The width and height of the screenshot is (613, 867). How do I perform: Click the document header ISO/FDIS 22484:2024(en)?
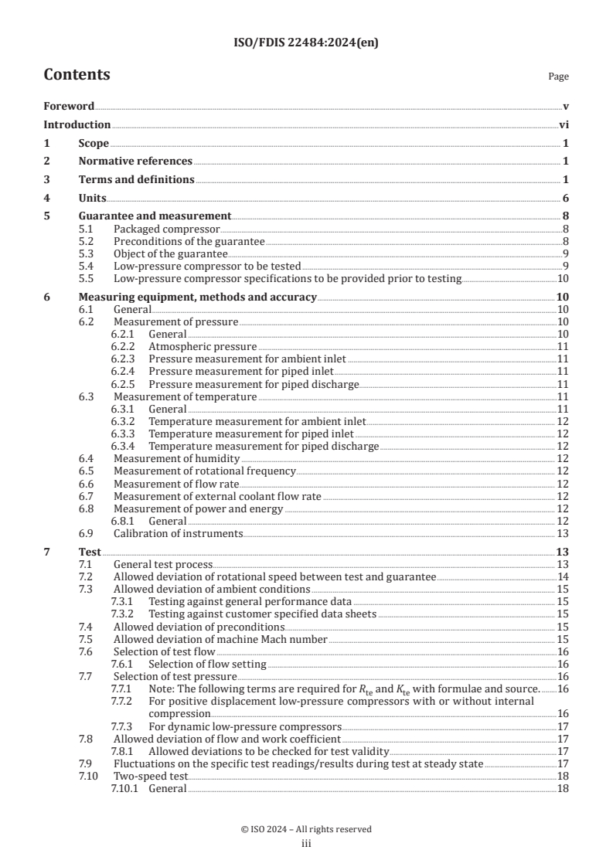[x=306, y=43]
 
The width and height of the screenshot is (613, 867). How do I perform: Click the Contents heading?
[x=77, y=75]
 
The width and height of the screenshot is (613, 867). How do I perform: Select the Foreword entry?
[x=69, y=106]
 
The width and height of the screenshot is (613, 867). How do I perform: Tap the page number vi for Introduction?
[x=564, y=124]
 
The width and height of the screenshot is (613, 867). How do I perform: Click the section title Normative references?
[x=135, y=161]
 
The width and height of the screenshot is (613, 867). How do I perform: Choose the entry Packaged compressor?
[x=166, y=229]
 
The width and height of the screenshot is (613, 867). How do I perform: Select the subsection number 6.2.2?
[x=122, y=347]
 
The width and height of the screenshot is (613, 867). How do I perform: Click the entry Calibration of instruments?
[x=178, y=533]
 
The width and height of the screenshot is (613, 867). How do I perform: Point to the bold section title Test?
[x=89, y=552]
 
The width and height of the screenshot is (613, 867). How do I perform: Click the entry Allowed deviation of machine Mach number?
[x=220, y=639]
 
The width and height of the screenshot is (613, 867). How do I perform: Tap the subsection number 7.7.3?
[x=122, y=726]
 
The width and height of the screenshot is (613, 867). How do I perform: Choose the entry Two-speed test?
[x=151, y=776]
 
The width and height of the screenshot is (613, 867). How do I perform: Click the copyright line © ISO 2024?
[x=306, y=829]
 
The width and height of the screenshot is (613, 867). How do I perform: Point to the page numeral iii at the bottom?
[x=306, y=844]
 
